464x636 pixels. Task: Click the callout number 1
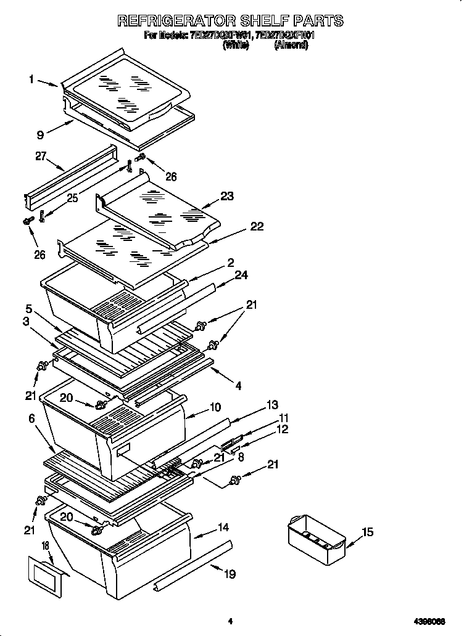click(31, 79)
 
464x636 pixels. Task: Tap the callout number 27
click(41, 157)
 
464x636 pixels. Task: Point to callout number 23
click(227, 197)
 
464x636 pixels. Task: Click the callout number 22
click(257, 226)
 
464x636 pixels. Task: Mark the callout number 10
click(215, 407)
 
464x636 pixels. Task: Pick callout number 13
click(272, 404)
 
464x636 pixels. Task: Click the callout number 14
click(223, 528)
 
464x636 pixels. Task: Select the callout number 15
click(367, 532)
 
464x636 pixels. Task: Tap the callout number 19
click(230, 574)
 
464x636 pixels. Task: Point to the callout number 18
click(44, 546)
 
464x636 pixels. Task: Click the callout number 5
click(29, 308)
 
